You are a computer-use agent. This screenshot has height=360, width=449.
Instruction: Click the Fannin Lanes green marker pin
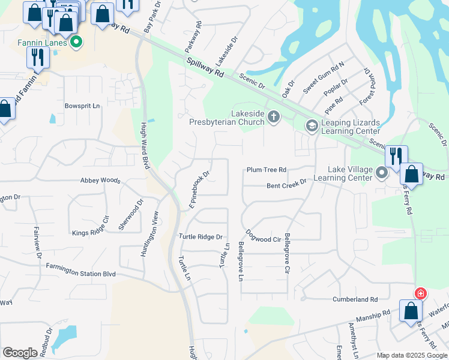point(76,43)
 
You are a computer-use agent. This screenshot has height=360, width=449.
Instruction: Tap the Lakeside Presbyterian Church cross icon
point(274,116)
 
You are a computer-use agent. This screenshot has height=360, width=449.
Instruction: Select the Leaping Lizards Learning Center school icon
point(312,125)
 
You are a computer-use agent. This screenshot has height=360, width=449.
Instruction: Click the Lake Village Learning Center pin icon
point(382,173)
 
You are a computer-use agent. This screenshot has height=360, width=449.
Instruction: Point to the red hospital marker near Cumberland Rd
point(421,293)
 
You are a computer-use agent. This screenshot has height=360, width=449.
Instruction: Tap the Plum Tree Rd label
point(267,170)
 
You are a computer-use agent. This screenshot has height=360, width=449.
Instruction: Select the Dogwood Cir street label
point(264,236)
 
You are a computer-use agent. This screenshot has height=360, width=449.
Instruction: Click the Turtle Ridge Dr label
point(200,237)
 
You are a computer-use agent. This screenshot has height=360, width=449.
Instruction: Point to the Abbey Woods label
point(100,180)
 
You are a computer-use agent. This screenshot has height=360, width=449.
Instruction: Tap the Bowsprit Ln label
point(82,106)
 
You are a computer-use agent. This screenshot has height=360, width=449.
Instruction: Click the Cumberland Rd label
point(356,299)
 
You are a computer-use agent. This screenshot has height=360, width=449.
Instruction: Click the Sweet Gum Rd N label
point(324,77)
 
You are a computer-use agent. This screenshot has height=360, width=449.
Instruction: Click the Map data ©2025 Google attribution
point(412,355)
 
